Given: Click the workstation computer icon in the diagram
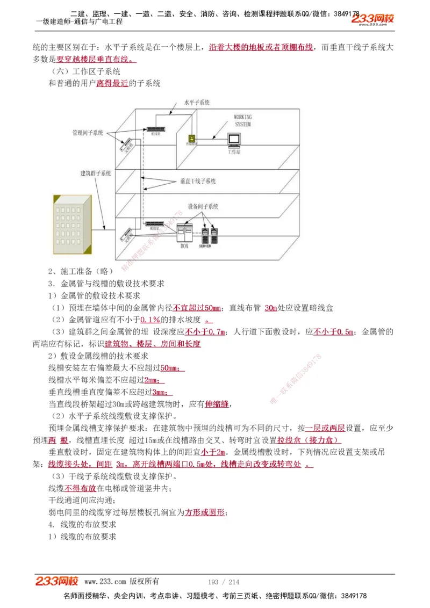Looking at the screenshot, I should (234, 140).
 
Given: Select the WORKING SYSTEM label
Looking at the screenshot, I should (242, 120).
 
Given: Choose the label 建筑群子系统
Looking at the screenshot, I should (95, 173).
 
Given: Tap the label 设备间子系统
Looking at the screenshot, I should (203, 206).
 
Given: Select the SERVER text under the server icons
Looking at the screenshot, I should (205, 247).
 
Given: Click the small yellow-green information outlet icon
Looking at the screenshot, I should (191, 138).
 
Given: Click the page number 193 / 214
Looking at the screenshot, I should (224, 582).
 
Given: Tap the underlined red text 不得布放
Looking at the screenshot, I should (80, 488).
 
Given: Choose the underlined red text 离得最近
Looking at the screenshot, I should (112, 83).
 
